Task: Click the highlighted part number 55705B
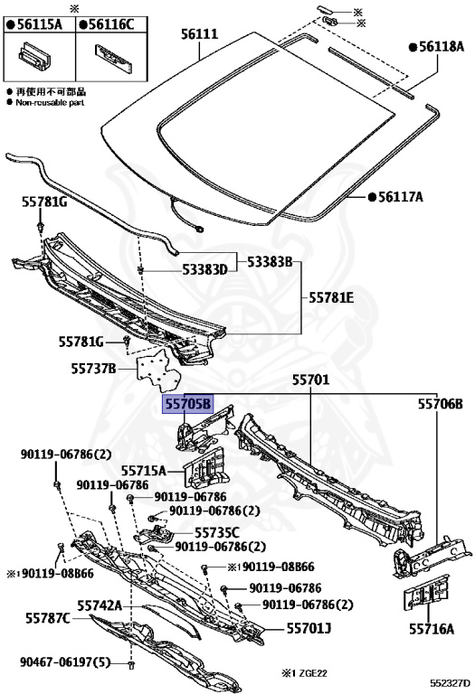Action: point(188,404)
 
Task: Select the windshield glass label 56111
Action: point(199,34)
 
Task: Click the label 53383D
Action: point(204,269)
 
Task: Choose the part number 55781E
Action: point(331,297)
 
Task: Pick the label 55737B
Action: point(93,369)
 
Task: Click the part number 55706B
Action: point(441,404)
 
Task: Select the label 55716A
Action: point(432,629)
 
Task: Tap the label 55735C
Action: point(217,533)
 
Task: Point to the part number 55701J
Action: point(309,628)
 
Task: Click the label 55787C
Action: point(48,618)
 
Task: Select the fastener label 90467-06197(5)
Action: point(65,662)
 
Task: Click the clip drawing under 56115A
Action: point(34,57)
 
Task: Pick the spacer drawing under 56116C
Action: point(113,58)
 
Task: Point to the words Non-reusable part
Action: point(50,103)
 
